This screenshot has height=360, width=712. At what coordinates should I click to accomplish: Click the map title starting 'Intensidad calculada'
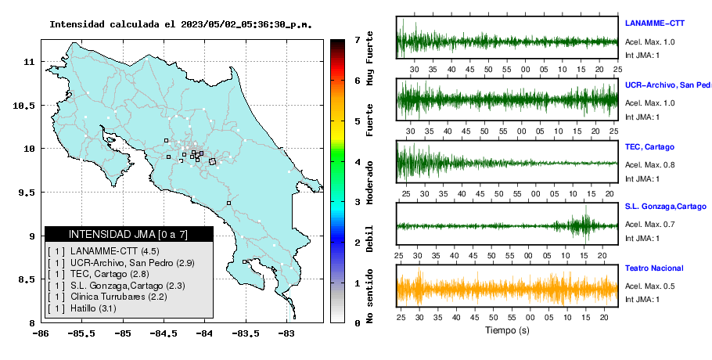pyautogui.click(x=181, y=24)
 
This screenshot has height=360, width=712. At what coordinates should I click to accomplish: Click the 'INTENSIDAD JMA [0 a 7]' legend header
pyautogui.click(x=128, y=234)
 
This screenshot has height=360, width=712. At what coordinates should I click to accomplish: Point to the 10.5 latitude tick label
pyautogui.click(x=25, y=106)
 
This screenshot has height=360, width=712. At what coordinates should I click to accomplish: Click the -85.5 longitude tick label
pyautogui.click(x=82, y=334)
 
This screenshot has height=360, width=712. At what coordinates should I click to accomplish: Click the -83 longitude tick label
pyautogui.click(x=286, y=334)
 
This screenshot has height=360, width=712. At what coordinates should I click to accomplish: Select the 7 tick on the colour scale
pyautogui.click(x=358, y=40)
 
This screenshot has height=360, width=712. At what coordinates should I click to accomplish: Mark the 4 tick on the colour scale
pyautogui.click(x=358, y=162)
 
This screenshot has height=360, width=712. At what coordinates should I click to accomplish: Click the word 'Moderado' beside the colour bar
pyautogui.click(x=369, y=182)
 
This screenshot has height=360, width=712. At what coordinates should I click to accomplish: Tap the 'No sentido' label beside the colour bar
pyautogui.click(x=369, y=297)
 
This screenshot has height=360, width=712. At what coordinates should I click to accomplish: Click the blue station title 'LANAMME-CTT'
pyautogui.click(x=655, y=23)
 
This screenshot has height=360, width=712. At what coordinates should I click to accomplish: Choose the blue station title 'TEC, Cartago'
pyautogui.click(x=649, y=147)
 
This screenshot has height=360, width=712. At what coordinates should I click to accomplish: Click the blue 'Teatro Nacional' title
pyautogui.click(x=654, y=268)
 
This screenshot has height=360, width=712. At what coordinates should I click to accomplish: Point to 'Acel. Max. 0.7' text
pyautogui.click(x=649, y=225)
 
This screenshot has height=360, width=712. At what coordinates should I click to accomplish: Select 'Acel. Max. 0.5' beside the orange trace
pyautogui.click(x=649, y=286)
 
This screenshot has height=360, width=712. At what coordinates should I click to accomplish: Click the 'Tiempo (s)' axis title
pyautogui.click(x=507, y=330)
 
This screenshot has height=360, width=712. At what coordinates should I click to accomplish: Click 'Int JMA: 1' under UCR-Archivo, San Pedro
pyautogui.click(x=642, y=117)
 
